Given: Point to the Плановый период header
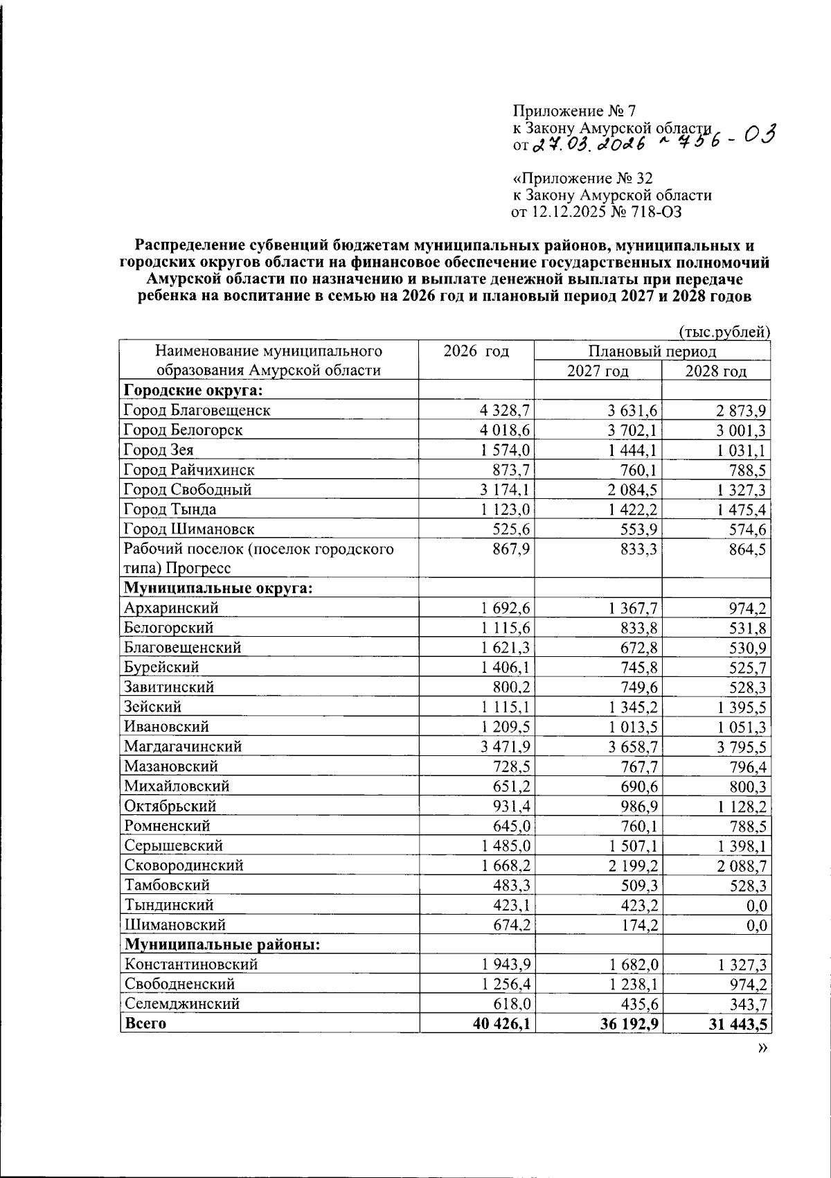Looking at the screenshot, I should click(x=652, y=351).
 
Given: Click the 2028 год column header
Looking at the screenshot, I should click(x=716, y=371).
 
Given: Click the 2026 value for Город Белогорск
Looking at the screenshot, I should click(x=504, y=430).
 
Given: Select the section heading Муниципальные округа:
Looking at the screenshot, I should click(x=218, y=588).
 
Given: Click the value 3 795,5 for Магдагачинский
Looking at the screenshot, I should click(x=740, y=747).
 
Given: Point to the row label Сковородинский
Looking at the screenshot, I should click(x=184, y=865).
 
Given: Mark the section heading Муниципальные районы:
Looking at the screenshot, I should click(x=222, y=944).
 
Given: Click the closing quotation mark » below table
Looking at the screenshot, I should click(x=762, y=1048).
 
